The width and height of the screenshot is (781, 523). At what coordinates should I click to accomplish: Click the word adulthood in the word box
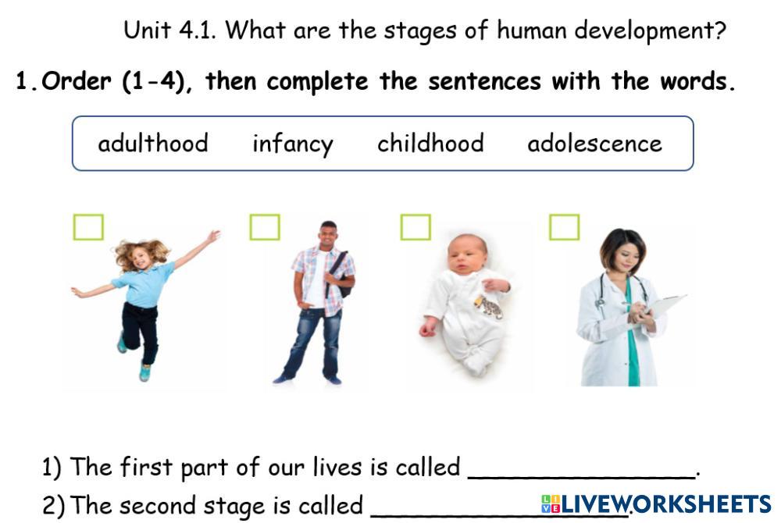(x=153, y=144)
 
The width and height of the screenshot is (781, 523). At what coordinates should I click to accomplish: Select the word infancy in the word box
(x=293, y=144)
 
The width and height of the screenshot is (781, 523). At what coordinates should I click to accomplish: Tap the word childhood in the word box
(x=430, y=144)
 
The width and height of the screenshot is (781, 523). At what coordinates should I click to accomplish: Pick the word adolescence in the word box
(x=594, y=144)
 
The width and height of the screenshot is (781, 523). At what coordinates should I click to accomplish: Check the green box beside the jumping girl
(x=89, y=227)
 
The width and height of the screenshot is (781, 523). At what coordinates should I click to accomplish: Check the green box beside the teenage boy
(x=265, y=227)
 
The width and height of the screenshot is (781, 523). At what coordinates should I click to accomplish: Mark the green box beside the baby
(x=415, y=227)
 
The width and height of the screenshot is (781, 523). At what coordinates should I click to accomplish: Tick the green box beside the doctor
(x=565, y=227)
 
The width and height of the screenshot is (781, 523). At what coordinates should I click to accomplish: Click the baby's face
(x=467, y=254)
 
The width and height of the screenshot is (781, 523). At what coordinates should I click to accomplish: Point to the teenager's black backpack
(x=341, y=274)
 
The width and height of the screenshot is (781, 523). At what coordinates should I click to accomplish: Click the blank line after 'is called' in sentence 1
(x=582, y=477)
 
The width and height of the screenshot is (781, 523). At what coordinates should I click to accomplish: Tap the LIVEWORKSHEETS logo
(x=656, y=504)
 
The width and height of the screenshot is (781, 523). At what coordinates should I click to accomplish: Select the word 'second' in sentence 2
(x=158, y=506)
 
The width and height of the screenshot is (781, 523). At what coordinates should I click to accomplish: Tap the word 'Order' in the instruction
(x=77, y=81)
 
